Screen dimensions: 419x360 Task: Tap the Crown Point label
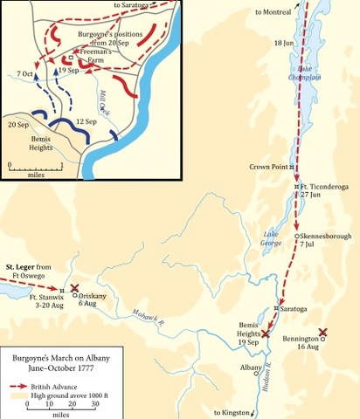tap(267, 167)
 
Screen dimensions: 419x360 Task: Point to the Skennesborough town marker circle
tap(298, 237)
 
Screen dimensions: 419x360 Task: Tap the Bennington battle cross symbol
tap(323, 333)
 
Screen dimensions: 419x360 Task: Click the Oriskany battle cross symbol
tap(75, 288)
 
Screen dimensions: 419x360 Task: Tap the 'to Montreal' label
tap(272, 12)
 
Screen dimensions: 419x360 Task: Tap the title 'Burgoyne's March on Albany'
tap(59, 358)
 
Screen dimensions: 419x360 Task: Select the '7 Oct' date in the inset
tap(25, 76)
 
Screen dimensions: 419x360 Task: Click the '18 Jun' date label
tap(285, 43)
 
